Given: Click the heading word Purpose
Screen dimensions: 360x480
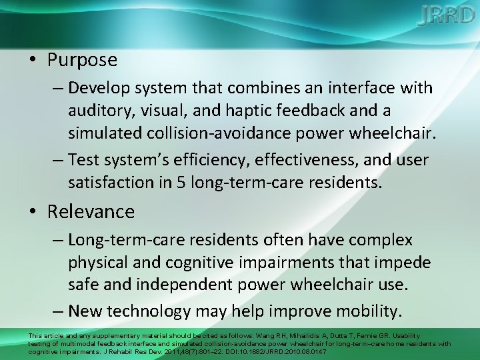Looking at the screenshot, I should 82,60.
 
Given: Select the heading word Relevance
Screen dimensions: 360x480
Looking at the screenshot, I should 91,212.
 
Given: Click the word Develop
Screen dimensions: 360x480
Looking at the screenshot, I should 99,88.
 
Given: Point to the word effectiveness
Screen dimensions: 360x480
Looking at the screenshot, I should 327,160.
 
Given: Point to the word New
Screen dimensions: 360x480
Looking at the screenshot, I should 85,311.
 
